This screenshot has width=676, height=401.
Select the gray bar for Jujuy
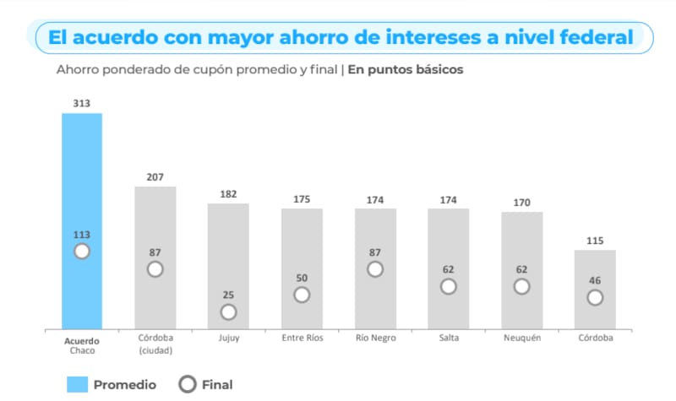228,253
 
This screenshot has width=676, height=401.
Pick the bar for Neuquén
521,245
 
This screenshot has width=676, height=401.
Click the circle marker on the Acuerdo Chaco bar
82,251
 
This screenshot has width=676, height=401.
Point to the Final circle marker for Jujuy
228,312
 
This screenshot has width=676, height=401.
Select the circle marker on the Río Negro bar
375,268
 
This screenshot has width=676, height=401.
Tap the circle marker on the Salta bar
449,286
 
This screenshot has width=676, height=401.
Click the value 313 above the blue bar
82,103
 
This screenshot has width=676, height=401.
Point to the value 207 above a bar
155,177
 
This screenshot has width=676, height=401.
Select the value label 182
228,194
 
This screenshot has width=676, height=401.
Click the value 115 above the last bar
595,241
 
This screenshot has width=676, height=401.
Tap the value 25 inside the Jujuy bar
228,295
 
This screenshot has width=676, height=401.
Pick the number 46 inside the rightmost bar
595,280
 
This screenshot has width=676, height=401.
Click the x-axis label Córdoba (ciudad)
155,344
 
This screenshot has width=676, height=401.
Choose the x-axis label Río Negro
375,339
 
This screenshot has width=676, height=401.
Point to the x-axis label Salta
449,339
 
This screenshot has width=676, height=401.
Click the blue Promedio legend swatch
77,384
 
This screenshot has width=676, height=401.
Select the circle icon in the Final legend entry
188,384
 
